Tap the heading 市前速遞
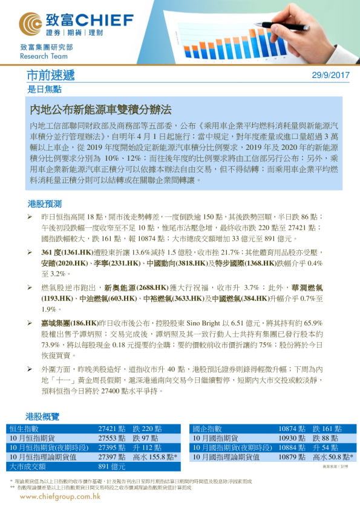(51, 76)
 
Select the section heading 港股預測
(45, 204)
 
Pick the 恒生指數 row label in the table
(24, 429)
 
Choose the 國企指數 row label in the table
(208, 429)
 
